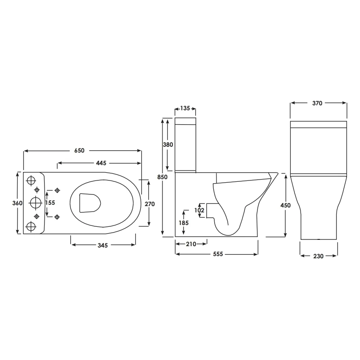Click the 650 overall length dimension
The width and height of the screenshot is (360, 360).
click(x=80, y=150)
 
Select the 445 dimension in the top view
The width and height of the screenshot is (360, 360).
click(x=101, y=163)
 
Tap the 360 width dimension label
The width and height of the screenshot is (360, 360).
click(x=18, y=203)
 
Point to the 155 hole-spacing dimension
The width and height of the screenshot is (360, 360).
click(x=50, y=203)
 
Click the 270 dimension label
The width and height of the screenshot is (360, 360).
click(x=150, y=204)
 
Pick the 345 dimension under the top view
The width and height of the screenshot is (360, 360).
click(x=103, y=245)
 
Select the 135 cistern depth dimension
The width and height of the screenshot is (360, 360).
click(x=185, y=108)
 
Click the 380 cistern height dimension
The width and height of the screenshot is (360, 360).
click(x=168, y=144)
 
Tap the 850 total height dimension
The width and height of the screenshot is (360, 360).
click(x=162, y=177)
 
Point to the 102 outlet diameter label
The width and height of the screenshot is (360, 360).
click(x=199, y=210)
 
